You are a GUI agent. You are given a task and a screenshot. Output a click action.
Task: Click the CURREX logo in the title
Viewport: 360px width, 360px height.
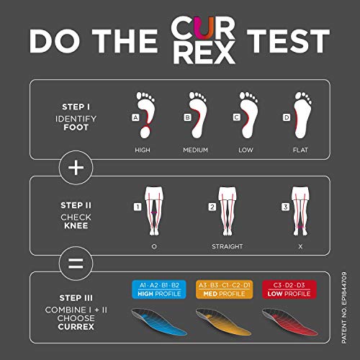point(203,40)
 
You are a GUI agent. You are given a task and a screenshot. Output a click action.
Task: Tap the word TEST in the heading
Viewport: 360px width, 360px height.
point(288,41)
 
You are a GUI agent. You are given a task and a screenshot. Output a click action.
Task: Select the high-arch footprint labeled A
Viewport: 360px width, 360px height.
point(145,115)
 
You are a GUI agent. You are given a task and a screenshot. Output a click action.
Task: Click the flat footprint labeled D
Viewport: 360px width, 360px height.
point(303,115)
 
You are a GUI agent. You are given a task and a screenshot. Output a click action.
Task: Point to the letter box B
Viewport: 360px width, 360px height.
point(187,117)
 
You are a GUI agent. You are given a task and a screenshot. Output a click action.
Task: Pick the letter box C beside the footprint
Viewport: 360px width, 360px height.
point(237,117)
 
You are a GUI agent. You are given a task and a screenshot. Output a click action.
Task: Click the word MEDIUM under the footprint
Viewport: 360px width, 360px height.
point(195,150)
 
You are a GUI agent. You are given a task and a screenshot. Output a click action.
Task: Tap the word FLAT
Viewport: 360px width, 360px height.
point(300,150)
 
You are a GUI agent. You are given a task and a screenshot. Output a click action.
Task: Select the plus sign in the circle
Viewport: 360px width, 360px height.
point(76,168)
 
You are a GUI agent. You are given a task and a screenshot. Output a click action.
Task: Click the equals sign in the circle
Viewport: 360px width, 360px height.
point(76,264)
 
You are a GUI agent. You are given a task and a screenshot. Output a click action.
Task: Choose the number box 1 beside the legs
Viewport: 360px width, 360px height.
point(138,207)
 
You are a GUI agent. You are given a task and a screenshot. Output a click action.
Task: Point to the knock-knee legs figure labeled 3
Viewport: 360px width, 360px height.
point(300,211)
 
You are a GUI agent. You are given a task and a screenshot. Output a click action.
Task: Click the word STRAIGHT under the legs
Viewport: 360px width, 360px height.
point(228,246)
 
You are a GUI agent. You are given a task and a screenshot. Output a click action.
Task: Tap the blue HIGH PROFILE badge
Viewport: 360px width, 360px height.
point(159,289)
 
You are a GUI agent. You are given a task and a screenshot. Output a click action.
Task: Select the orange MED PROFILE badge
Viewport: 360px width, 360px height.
point(224,289)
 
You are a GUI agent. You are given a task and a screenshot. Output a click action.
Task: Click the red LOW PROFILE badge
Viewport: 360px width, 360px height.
point(289,289)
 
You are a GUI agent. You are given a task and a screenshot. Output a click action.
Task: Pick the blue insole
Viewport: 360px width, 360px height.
point(159,322)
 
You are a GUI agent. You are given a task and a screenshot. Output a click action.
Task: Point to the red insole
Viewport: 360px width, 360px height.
point(289,322)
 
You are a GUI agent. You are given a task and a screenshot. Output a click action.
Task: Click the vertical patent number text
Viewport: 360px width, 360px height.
point(344,307)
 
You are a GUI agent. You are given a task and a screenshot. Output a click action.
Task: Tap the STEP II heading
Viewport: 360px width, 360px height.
point(76,205)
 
